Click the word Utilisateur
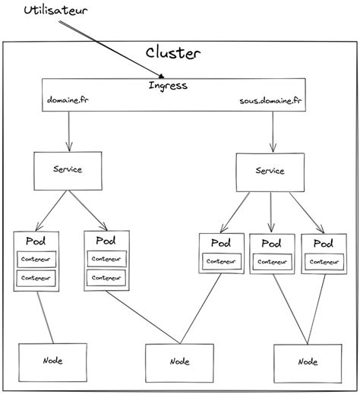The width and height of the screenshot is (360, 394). point(55,11)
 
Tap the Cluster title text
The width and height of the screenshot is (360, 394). point(173,53)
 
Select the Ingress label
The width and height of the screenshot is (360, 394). point(167,85)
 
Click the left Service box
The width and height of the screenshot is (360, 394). point(68,170)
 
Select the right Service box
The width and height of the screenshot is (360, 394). point(270,172)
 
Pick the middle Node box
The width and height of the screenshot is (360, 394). point(179,362)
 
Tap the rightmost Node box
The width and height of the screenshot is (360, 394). point(307,362)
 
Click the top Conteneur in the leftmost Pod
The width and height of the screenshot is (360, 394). point(37,258)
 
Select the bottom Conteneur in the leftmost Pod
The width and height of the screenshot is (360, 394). point(37,278)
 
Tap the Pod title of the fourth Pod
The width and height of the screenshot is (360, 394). point(270,244)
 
